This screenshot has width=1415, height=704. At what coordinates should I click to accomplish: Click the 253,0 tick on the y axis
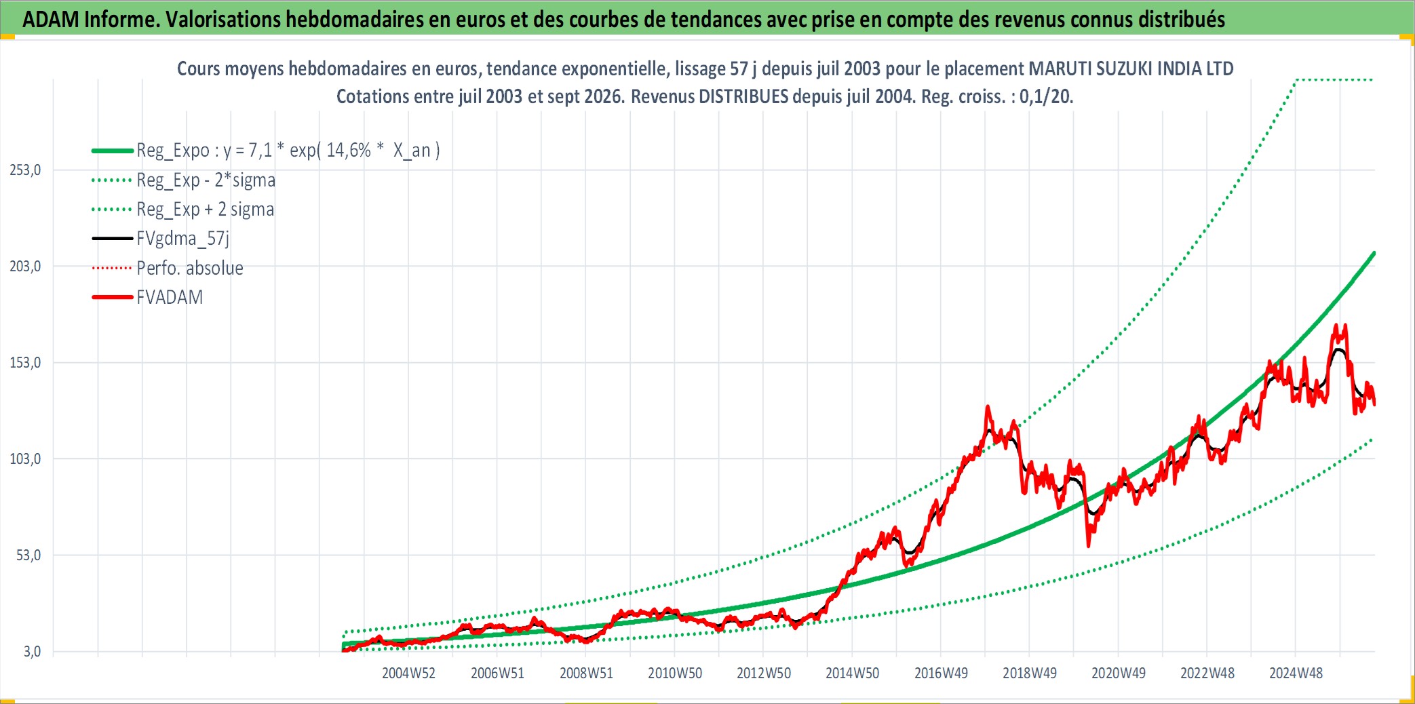point(25,170)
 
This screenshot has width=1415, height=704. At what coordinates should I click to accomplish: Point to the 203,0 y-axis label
point(25,267)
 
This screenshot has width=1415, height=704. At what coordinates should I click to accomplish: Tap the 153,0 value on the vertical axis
point(25,363)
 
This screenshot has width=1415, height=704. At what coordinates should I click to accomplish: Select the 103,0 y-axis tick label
point(25,459)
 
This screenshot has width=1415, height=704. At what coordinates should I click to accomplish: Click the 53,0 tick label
point(28,555)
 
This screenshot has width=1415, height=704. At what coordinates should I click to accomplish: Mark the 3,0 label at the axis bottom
point(32,652)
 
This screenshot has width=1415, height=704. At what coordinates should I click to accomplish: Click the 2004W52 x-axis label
point(408,673)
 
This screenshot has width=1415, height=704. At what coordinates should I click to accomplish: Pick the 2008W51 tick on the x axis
point(586,673)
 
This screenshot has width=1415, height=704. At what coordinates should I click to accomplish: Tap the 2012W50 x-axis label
point(764,673)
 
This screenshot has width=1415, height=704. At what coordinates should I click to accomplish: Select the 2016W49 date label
point(941,673)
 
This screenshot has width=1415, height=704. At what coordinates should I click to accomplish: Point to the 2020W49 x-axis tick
point(1119,673)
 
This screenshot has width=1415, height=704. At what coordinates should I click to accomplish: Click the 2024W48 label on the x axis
point(1296,673)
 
